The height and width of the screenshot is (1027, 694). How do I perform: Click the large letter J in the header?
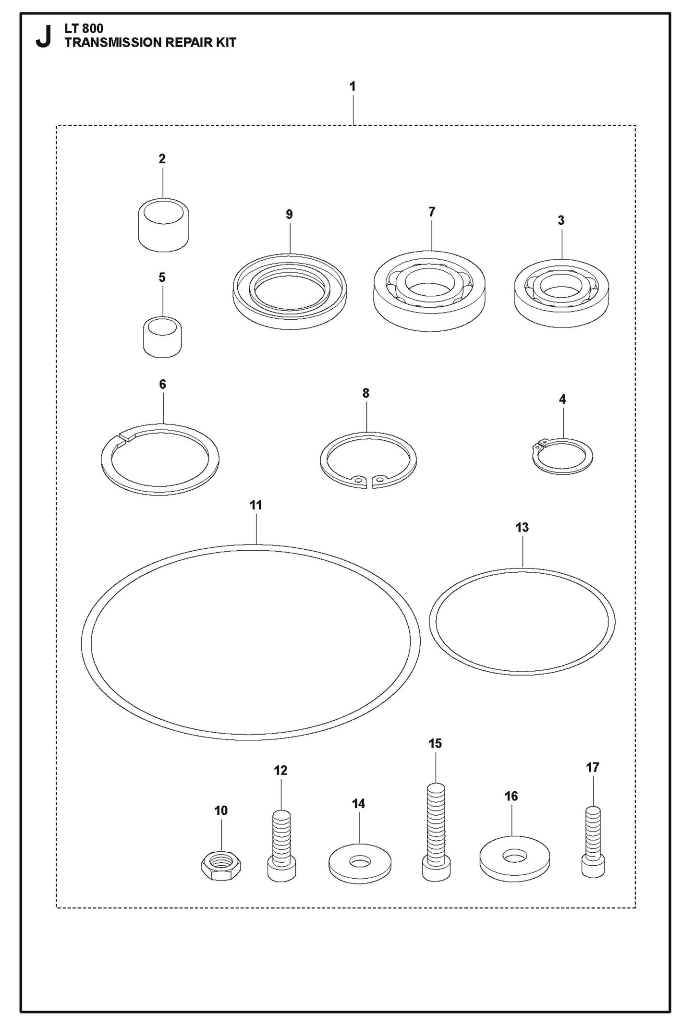pos(43,37)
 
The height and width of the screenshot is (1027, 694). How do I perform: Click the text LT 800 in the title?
pos(84,29)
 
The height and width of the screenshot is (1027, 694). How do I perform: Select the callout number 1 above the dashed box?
pos(353,87)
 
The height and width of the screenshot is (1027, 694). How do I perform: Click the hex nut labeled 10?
pos(220,865)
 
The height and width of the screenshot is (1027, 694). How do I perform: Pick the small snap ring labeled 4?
pos(562,456)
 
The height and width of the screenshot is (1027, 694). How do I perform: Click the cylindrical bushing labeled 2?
pos(163,225)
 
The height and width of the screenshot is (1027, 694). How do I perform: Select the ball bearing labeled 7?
pos(429,290)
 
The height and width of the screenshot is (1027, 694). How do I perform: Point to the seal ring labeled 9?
pos(290,291)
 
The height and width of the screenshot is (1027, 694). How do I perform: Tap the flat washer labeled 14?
pos(359,863)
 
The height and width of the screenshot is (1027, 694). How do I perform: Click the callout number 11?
pos(256,505)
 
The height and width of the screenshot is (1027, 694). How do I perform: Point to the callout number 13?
pos(522,527)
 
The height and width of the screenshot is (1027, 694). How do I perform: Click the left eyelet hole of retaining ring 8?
pos(356,479)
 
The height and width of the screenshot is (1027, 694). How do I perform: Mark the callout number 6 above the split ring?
pos(162,384)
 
